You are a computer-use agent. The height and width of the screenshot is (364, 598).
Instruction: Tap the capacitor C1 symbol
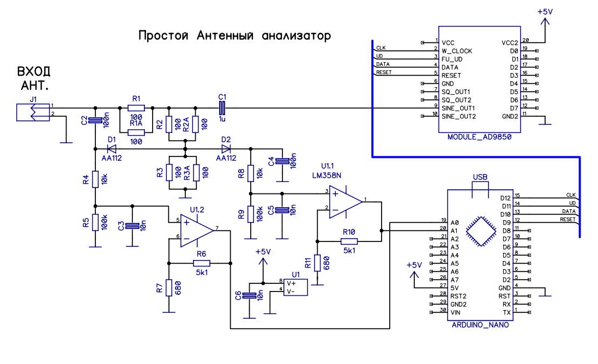click(x=222, y=106)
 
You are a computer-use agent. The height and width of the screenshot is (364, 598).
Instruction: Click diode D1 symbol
click(x=111, y=148)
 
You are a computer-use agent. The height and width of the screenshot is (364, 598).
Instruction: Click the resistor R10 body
click(x=349, y=241)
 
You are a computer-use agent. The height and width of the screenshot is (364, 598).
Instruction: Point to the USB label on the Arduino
click(x=480, y=178)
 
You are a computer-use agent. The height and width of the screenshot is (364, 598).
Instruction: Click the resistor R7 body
click(x=170, y=287)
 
